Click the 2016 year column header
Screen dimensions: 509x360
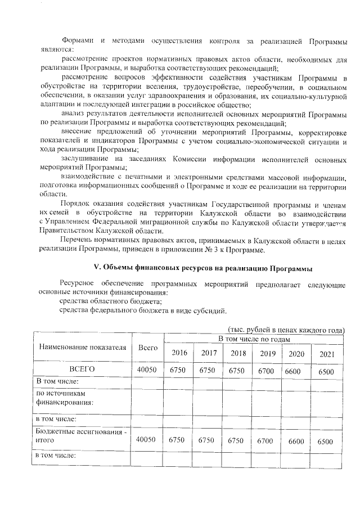coord(179,353)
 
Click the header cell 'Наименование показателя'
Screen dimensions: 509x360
coord(82,347)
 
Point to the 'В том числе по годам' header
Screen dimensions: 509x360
coord(254,339)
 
